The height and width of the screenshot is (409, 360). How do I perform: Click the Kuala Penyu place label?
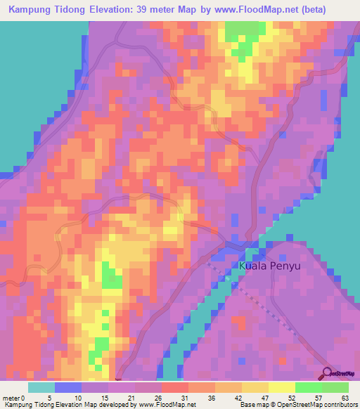tap(270, 266)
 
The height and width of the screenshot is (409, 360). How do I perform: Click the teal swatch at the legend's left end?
tap(41, 387)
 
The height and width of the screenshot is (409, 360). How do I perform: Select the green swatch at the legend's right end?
tap(335, 387)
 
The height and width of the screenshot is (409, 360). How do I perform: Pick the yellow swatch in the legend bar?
tap(282, 387)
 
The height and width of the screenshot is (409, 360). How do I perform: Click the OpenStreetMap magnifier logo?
tap(328, 372)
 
